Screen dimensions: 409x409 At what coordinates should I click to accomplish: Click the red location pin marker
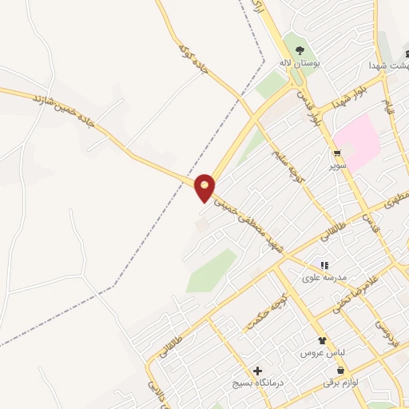click(204, 187)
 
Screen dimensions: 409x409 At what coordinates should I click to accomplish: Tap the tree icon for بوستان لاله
click(300, 50)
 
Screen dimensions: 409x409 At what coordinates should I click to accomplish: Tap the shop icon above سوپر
click(338, 153)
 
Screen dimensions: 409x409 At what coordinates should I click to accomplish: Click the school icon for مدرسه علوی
click(324, 265)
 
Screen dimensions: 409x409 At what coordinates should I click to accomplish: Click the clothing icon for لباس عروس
click(322, 340)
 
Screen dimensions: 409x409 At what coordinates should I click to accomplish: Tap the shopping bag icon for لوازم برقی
click(342, 371)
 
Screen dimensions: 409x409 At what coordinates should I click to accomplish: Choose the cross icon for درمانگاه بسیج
click(257, 371)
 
